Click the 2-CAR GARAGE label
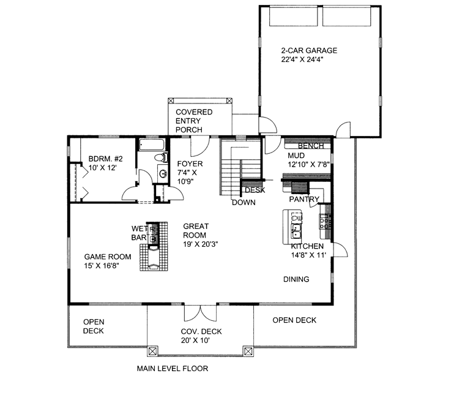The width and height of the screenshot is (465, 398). [309, 50]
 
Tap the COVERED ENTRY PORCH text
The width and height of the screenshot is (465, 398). [194, 121]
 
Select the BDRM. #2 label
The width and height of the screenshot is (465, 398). [106, 159]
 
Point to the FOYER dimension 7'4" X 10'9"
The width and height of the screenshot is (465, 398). [187, 176]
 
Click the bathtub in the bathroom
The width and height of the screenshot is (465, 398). [152, 145]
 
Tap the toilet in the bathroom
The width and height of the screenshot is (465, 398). [162, 157]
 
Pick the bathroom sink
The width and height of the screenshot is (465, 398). [163, 173]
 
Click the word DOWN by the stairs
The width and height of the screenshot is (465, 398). [244, 203]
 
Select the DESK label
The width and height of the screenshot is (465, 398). [255, 190]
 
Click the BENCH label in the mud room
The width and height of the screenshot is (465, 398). [311, 146]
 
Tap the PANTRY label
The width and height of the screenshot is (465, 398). [304, 199]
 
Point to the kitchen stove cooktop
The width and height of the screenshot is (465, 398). [325, 221]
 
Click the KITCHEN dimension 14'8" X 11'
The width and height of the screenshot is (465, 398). [308, 255]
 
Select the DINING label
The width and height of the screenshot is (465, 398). [296, 279]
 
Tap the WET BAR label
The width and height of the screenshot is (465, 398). [139, 233]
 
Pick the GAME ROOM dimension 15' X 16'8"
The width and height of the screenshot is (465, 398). [102, 265]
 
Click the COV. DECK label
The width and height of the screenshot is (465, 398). [201, 331]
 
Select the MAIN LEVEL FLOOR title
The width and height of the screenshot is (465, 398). [173, 369]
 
